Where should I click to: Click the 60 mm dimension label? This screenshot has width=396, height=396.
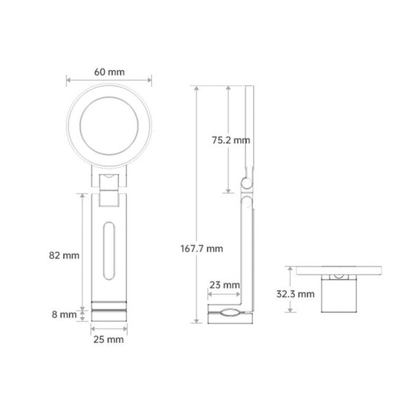pyautogui.click(x=109, y=72)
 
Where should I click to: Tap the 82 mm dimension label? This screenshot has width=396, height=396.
pyautogui.click(x=64, y=255)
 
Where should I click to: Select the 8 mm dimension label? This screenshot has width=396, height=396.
pyautogui.click(x=64, y=314)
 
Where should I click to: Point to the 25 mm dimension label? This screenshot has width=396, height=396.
pyautogui.click(x=109, y=340)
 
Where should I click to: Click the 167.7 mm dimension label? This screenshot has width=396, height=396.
pyautogui.click(x=202, y=248)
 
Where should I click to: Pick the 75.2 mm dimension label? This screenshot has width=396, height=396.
pyautogui.click(x=231, y=140)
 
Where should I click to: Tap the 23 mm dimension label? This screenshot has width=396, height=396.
pyautogui.click(x=225, y=285)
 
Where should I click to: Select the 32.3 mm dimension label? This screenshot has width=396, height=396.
pyautogui.click(x=295, y=294)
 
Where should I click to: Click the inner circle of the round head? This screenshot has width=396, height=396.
pyautogui.click(x=80, y=126)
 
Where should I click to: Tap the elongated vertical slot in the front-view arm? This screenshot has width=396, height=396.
pyautogui.click(x=104, y=251)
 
